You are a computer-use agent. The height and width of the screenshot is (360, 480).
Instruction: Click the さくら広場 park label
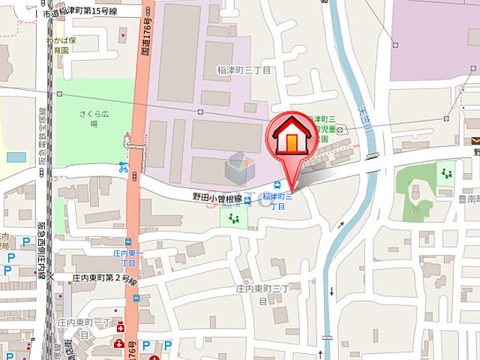pyautogui.click(x=94, y=120)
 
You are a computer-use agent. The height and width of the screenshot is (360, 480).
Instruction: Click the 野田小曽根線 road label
pyautogui.click(x=217, y=198)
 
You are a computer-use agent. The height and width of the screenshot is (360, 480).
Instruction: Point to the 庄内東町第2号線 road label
pyautogui.click(x=104, y=278)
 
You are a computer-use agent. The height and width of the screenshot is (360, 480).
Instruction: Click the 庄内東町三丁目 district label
pyautogui.click(x=258, y=293)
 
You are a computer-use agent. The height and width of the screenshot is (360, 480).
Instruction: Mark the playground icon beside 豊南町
pyautogui.click(x=448, y=174)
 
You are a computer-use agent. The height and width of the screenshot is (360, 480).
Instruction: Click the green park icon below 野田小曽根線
pyautogui.click(x=233, y=218)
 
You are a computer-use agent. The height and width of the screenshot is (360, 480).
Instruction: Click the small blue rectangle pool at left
pyautogui.click(x=15, y=157)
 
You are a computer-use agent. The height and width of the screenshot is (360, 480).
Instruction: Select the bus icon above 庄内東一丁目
pyautogui.click(x=128, y=242)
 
